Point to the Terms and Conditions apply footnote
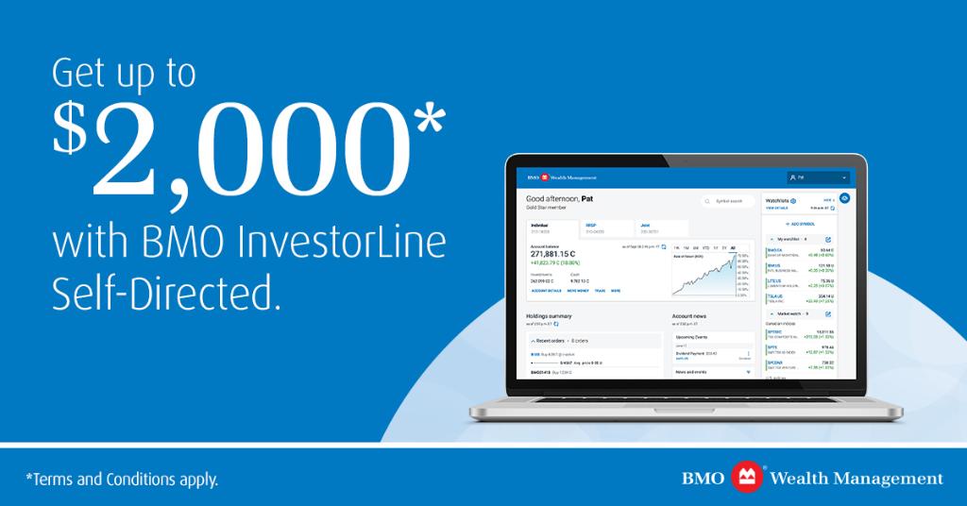pyautogui.click(x=122, y=480)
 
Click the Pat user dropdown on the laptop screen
pyautogui.click(x=818, y=177)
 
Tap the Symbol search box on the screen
pyautogui.click(x=729, y=201)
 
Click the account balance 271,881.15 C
pyautogui.click(x=561, y=254)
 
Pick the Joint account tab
pyautogui.click(x=647, y=227)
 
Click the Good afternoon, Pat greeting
pyautogui.click(x=560, y=199)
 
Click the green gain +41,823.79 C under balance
pyautogui.click(x=552, y=262)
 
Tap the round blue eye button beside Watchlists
pyautogui.click(x=844, y=198)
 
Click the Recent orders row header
pyautogui.click(x=567, y=339)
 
